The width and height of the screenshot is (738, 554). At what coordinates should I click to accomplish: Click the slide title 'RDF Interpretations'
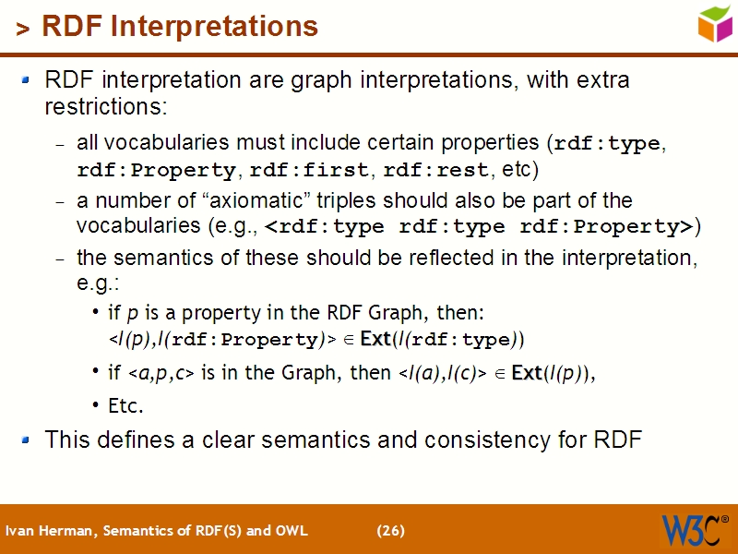coord(180,27)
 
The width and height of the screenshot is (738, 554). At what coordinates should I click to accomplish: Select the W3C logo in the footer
coord(694,530)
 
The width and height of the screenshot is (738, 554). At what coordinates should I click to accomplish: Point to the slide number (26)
coord(390,531)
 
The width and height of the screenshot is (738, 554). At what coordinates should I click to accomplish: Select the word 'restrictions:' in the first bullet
coord(105,107)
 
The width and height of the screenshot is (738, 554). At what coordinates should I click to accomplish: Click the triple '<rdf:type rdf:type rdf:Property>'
coord(479,227)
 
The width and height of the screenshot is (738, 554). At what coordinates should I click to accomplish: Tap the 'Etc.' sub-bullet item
coord(126,405)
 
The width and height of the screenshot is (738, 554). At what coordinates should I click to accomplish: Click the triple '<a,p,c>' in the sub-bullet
coord(160,374)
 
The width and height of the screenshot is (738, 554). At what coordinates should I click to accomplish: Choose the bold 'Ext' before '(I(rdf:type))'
coord(375,340)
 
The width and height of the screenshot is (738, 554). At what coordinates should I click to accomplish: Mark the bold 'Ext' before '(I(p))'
coord(526,374)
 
